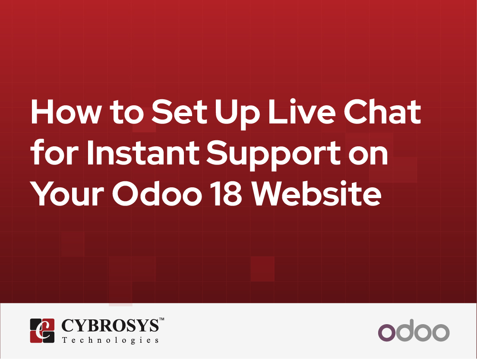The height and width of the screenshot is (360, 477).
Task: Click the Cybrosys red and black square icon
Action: coord(42,331)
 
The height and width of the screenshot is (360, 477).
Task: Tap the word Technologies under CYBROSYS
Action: coord(110,340)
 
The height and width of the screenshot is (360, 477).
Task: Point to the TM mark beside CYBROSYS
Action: coord(161,319)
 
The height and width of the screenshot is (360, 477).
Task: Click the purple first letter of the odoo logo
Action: coord(387,332)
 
